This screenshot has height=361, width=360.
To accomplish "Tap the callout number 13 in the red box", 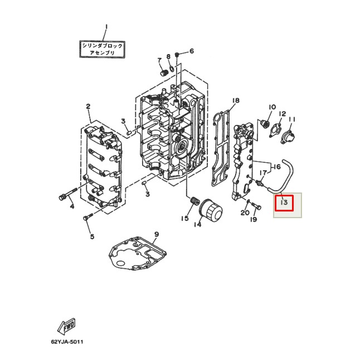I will pyautogui.click(x=284, y=203).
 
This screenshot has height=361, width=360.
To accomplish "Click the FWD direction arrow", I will pyautogui.click(x=66, y=326).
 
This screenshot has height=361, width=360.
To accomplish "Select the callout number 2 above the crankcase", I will pyautogui.click(x=88, y=106).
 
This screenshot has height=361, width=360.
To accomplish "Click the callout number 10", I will pyautogui.click(x=273, y=107).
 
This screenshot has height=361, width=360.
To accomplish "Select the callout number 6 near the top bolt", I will pyautogui.click(x=191, y=51).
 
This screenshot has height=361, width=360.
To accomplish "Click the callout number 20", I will pyautogui.click(x=245, y=213).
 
